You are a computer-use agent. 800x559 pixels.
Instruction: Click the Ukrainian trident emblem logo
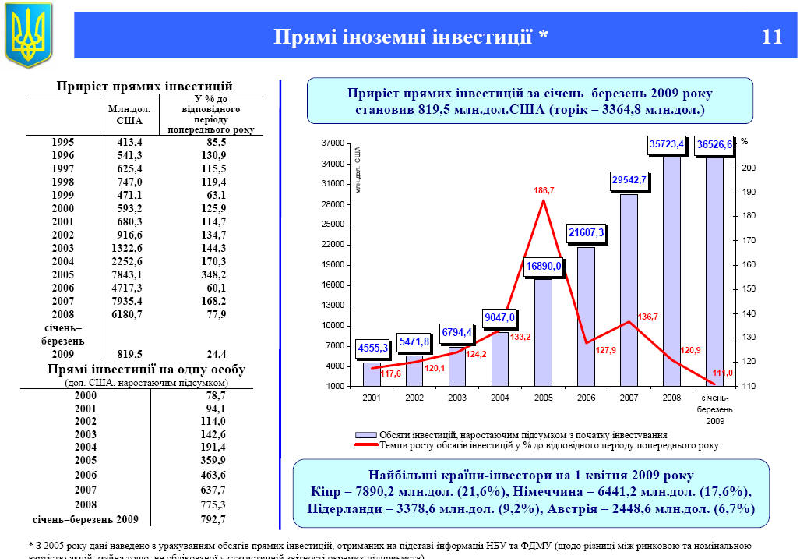[28, 34]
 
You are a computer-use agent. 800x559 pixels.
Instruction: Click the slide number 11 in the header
[771, 36]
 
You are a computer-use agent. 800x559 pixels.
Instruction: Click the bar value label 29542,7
[629, 179]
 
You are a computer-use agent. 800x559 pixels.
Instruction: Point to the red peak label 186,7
[544, 190]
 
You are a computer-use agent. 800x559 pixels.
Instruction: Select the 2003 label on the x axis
[457, 398]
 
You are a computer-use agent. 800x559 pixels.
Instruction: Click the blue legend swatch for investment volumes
[365, 434]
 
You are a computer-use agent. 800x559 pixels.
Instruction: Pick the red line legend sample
[365, 445]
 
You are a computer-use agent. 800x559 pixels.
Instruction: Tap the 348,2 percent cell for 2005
[210, 274]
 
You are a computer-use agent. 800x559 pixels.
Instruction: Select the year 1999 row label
[63, 195]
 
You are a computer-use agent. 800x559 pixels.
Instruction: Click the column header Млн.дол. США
[129, 115]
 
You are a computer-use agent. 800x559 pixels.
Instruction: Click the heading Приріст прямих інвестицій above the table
[145, 86]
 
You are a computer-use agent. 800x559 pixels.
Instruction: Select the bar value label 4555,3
[373, 348]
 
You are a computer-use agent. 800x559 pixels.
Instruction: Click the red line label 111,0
[721, 373]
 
